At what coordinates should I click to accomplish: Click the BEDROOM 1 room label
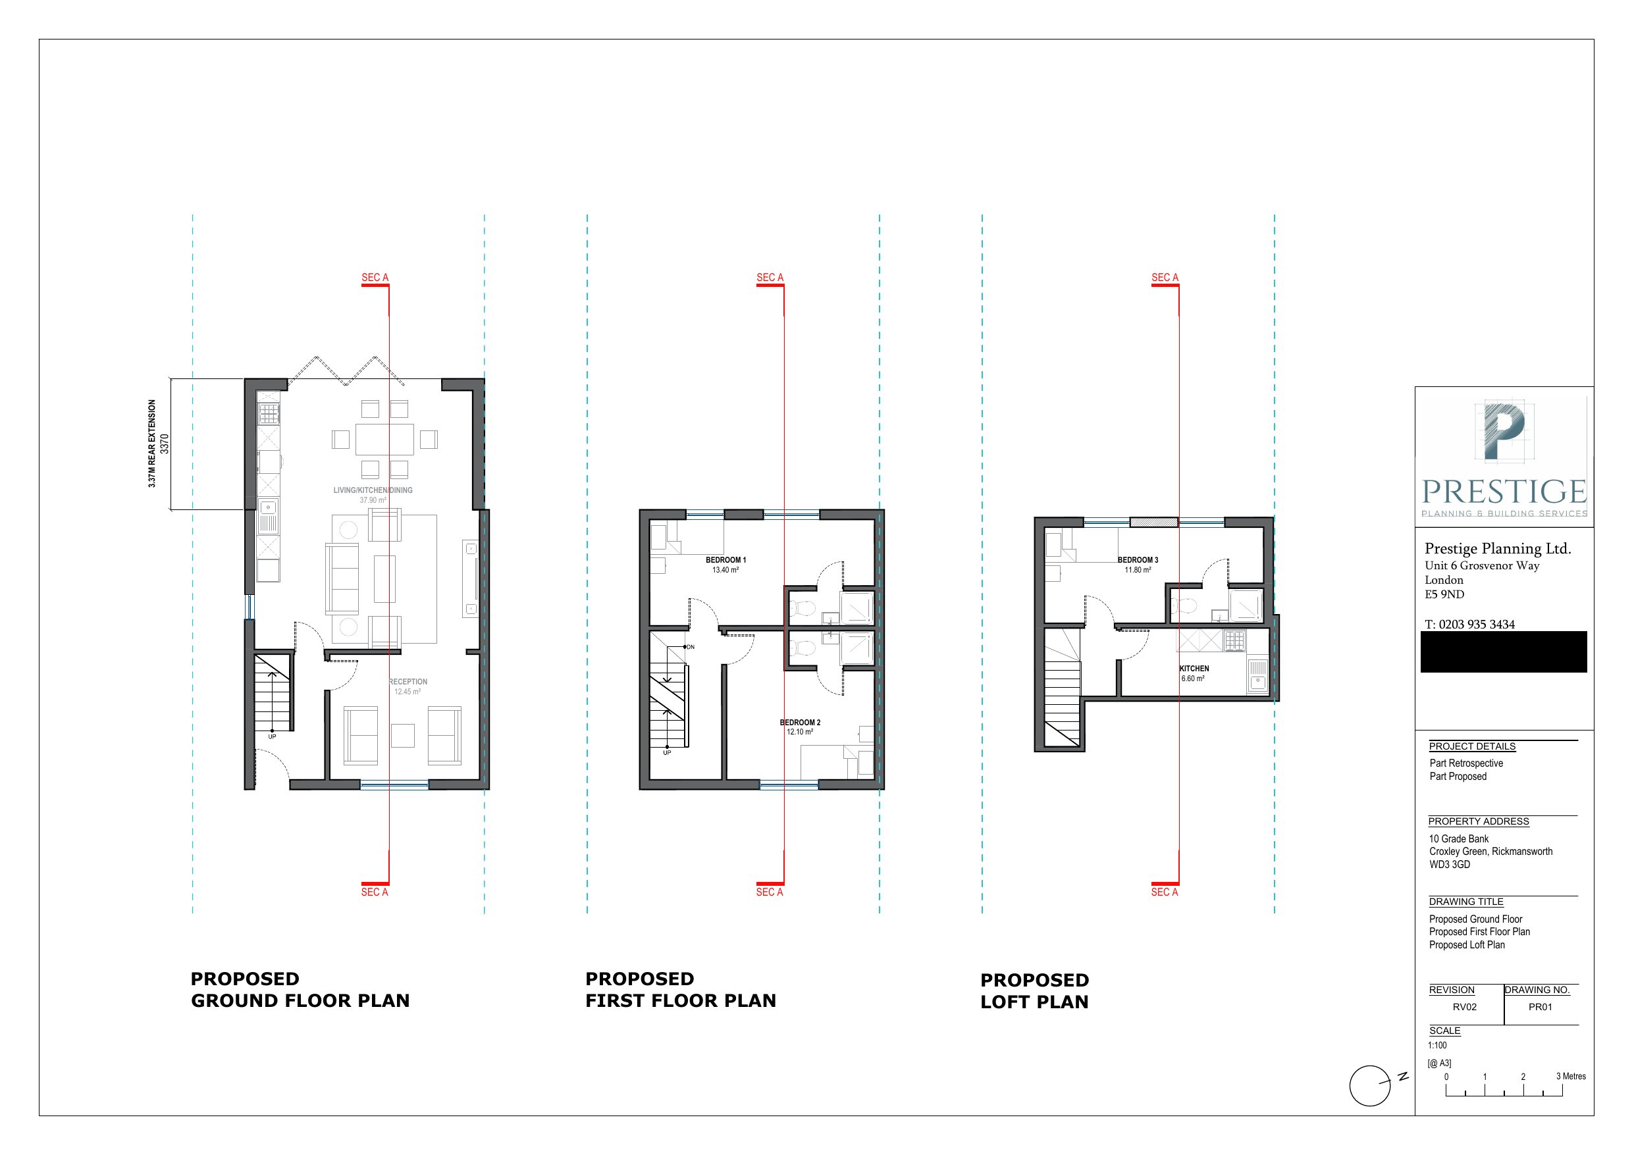(725, 560)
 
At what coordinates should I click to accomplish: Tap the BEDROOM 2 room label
(800, 723)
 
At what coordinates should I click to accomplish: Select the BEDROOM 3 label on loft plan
(1137, 560)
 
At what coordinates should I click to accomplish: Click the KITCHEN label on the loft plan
(1194, 668)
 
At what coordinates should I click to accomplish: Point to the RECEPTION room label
(408, 682)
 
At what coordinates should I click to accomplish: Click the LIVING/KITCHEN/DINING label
(373, 490)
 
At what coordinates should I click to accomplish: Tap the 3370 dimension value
(165, 444)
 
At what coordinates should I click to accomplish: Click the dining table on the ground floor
(384, 439)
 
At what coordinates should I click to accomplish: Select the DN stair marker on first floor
(689, 647)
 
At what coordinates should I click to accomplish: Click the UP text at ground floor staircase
(272, 736)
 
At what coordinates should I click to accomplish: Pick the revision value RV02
(1465, 1007)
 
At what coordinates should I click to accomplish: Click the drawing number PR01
(1540, 1007)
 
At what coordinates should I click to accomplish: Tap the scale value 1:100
(1437, 1045)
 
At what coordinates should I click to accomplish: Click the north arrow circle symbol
(1369, 1086)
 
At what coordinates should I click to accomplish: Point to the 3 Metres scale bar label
(1571, 1076)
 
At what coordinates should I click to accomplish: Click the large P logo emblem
(1503, 430)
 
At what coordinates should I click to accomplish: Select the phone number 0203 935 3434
(1476, 624)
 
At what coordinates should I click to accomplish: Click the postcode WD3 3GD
(1449, 865)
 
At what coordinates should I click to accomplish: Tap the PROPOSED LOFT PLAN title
(1034, 990)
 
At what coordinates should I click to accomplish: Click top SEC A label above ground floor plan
(375, 278)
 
